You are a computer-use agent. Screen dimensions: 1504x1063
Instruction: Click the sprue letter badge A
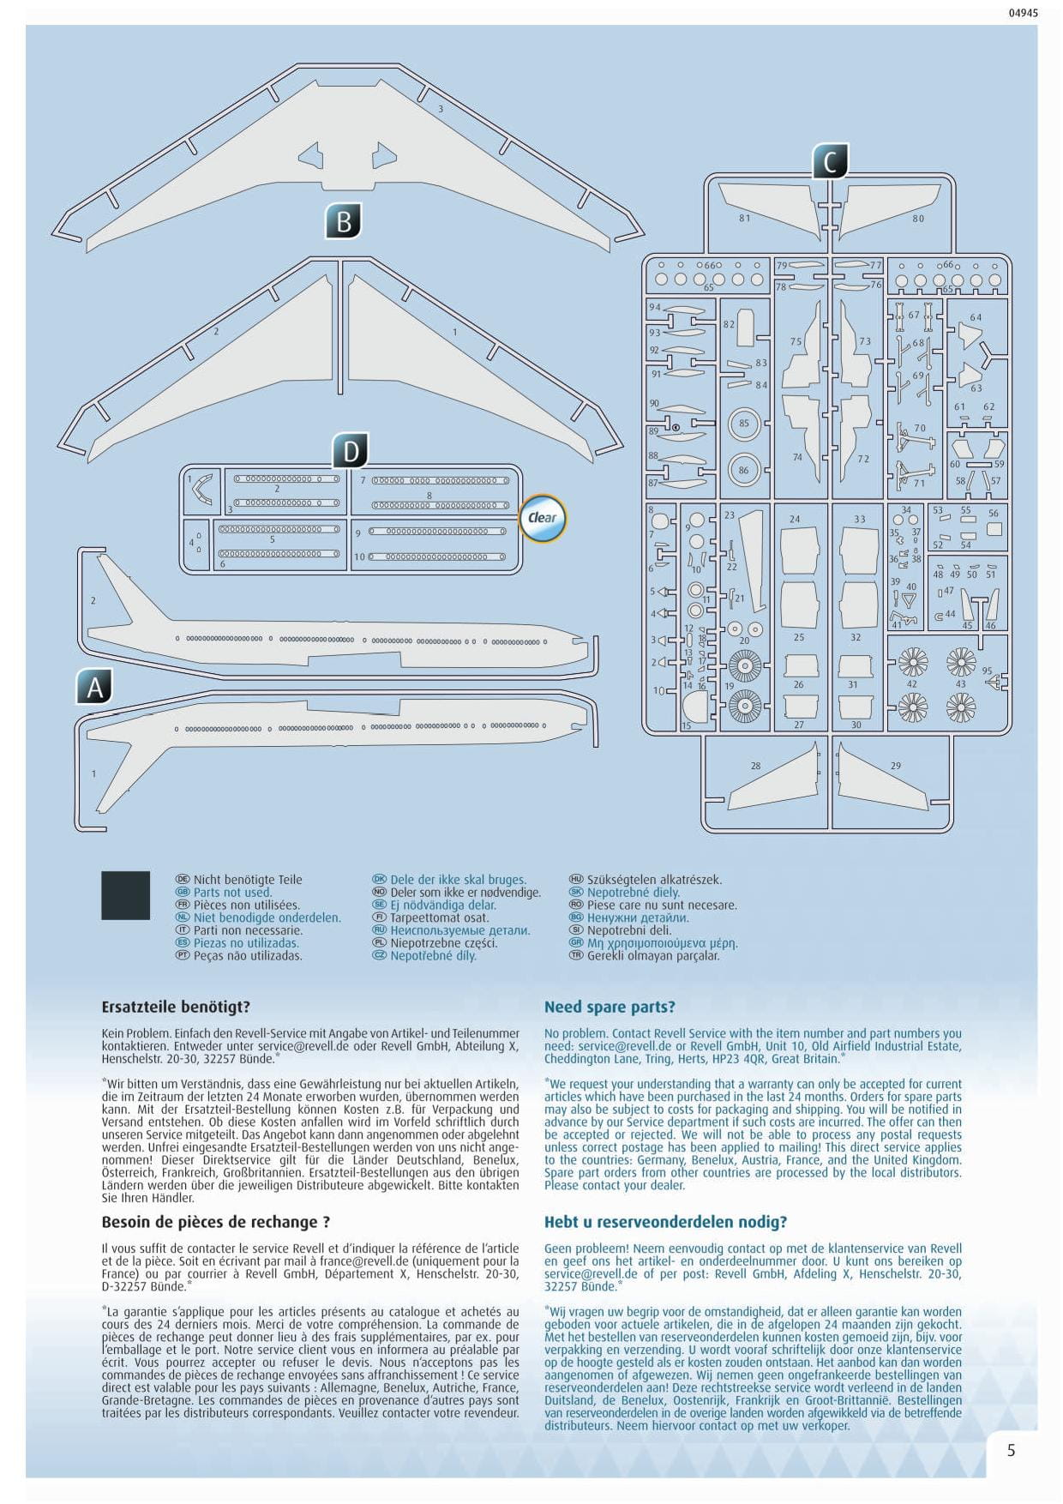point(94,687)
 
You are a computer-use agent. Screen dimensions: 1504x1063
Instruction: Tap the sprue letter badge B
point(344,221)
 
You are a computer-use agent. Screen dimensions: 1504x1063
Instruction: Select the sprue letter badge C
point(830,162)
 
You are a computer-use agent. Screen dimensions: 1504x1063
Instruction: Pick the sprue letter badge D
point(351,451)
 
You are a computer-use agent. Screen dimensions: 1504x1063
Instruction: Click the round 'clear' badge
point(543,518)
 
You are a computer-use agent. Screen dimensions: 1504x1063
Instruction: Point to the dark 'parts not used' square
point(125,895)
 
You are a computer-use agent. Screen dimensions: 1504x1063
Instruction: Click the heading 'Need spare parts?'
point(610,1007)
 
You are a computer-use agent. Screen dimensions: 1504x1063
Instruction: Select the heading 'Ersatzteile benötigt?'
point(176,1007)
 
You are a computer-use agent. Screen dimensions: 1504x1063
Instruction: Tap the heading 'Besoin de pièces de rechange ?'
point(216,1222)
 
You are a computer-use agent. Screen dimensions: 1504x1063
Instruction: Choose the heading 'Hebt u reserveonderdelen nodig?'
point(665,1222)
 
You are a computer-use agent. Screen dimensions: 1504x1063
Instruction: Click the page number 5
point(1012,1450)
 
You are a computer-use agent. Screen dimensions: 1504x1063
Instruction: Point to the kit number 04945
point(1023,13)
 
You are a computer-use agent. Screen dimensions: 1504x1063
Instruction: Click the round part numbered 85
point(743,424)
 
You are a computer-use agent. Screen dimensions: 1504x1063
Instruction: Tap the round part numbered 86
point(743,470)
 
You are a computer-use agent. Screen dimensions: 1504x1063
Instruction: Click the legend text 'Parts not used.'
point(232,892)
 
